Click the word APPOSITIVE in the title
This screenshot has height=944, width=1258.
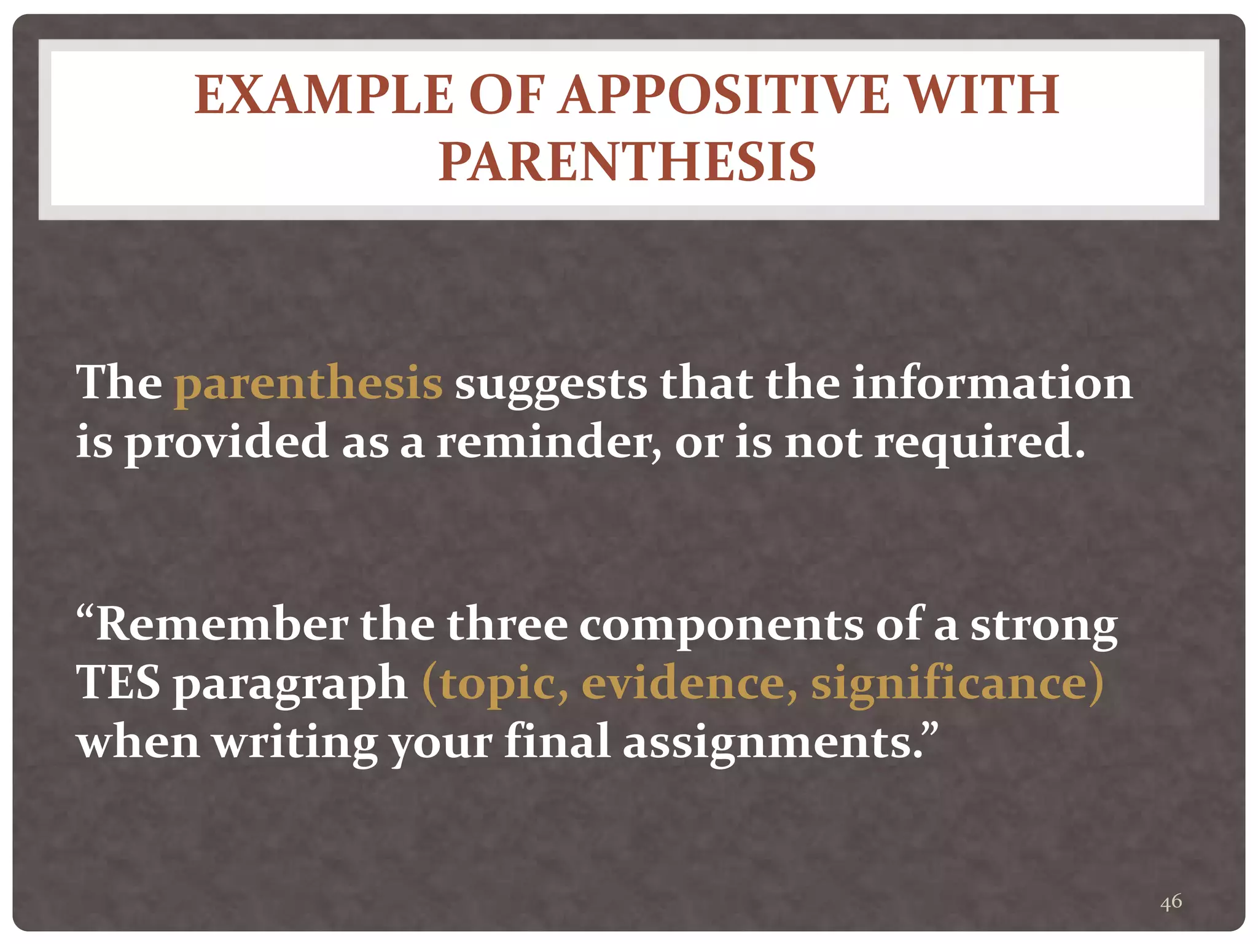click(724, 95)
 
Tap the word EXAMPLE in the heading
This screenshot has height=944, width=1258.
click(324, 95)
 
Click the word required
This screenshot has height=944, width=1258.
click(979, 443)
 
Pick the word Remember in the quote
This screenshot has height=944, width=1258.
click(221, 624)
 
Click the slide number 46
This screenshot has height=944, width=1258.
click(1171, 902)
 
